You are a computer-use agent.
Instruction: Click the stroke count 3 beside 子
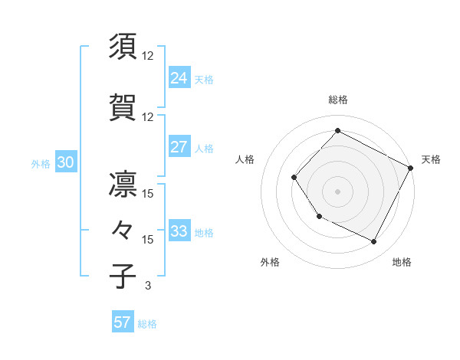[147, 286]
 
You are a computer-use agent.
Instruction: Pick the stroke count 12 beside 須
[148, 56]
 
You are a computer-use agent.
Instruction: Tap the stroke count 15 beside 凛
[148, 194]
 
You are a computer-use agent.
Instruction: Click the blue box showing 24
[179, 78]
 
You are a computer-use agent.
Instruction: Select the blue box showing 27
[179, 147]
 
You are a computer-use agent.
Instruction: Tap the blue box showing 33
[179, 231]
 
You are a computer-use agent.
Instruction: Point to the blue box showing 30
[65, 162]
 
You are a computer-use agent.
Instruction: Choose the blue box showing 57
[123, 322]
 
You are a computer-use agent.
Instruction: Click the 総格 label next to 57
[147, 324]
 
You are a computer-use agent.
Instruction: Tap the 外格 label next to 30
[41, 163]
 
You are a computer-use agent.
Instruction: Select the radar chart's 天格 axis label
[431, 159]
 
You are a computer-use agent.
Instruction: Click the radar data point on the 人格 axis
[294, 178]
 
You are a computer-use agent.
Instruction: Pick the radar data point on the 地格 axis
[374, 242]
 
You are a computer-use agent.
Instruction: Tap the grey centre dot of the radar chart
[337, 191]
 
